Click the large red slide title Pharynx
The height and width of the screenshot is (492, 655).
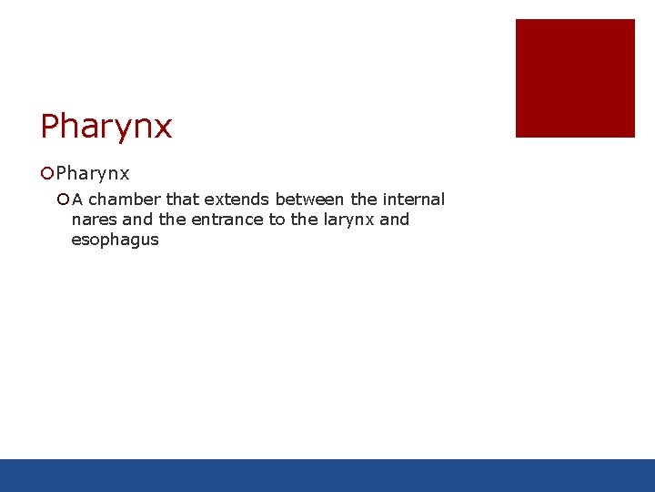click(106, 127)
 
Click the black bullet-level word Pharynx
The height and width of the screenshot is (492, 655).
click(93, 173)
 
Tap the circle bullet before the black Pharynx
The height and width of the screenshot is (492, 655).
click(47, 173)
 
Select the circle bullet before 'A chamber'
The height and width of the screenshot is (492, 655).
click(63, 200)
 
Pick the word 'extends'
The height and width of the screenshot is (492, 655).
click(237, 200)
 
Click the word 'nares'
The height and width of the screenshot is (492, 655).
click(94, 220)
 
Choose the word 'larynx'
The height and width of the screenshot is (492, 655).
click(348, 220)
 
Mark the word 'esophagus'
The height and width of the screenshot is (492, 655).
click(115, 241)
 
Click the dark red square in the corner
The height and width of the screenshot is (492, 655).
click(575, 78)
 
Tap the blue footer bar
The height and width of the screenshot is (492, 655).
click(327, 475)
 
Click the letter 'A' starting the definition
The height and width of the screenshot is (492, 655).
click(78, 200)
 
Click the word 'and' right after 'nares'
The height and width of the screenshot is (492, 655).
click(137, 220)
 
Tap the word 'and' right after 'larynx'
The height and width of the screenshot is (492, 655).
click(394, 220)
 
